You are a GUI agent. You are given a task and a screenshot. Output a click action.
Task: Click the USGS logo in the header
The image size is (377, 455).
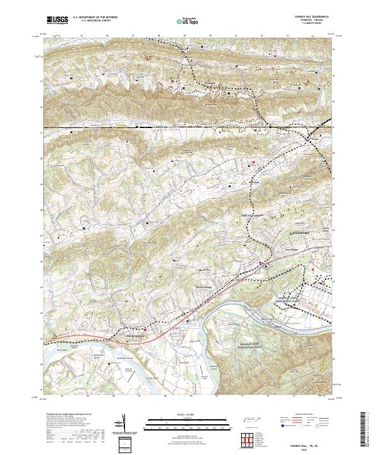(58, 20)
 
